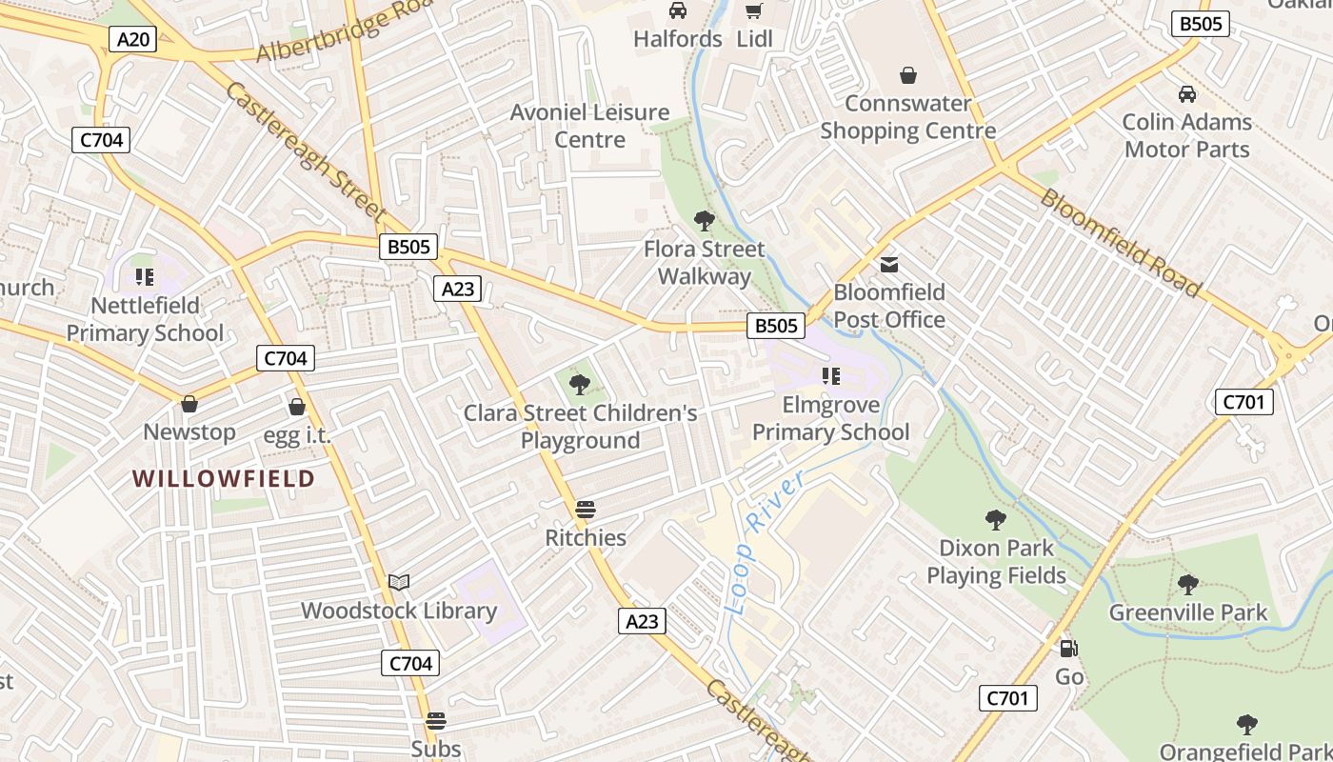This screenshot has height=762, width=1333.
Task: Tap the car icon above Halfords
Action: [678, 10]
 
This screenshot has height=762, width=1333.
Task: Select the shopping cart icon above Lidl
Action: [754, 10]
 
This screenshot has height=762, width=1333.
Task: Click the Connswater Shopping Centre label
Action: [908, 117]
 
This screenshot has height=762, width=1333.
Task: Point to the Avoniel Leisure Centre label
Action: [590, 126]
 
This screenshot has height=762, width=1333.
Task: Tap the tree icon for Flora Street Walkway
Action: [705, 221]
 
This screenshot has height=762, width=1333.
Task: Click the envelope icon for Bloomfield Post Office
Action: [889, 265]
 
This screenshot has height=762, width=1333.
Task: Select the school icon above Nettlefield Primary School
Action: [145, 277]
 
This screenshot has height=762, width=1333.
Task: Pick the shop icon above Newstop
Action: [189, 404]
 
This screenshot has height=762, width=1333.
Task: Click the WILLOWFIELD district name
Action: [224, 478]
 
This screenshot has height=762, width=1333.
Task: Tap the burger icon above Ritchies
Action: [586, 510]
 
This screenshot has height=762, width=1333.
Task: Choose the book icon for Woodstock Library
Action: [399, 582]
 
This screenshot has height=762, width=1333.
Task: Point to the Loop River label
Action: [762, 541]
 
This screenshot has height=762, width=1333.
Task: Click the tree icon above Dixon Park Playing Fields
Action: [996, 520]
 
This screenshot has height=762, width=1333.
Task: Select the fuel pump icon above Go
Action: [1069, 649]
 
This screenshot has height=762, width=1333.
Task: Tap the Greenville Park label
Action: [1188, 612]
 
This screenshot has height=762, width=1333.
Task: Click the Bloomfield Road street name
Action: [1120, 242]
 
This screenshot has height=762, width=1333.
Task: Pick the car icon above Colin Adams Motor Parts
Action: [1187, 94]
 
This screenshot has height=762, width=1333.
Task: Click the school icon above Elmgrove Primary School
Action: [831, 376]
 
